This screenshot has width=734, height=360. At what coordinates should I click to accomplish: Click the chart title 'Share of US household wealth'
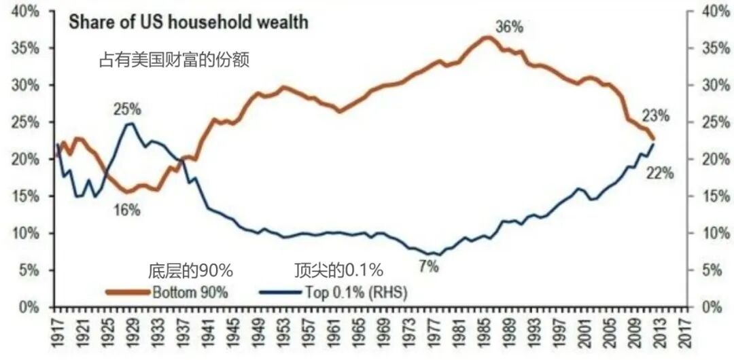(x=187, y=22)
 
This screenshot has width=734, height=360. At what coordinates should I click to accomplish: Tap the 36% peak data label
(x=509, y=28)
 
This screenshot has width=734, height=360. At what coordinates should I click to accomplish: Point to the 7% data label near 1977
(x=429, y=266)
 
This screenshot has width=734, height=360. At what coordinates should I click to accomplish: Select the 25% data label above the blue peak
(x=127, y=109)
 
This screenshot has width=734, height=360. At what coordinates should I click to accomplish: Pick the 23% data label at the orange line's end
(x=656, y=115)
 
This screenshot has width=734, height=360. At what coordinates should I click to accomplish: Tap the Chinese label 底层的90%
(x=190, y=270)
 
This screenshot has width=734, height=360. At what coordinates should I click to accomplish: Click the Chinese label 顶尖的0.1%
(x=339, y=270)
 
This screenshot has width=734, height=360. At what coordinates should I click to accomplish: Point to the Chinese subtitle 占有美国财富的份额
(x=175, y=60)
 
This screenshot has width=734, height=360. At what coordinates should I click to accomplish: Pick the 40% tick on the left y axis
(x=26, y=12)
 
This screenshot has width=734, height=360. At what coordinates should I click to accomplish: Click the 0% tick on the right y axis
(x=710, y=307)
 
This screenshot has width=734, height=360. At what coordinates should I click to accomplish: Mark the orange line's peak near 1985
(x=487, y=37)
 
